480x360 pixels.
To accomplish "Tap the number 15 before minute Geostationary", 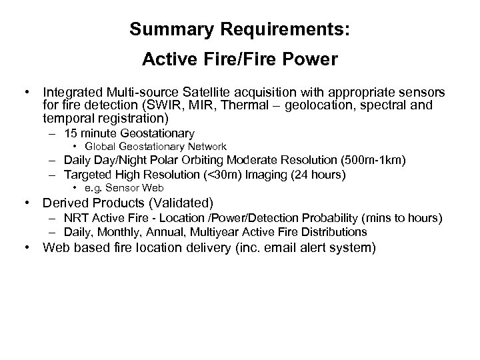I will tap(71, 133).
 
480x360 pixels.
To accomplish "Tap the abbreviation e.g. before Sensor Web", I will tap(93, 187).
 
